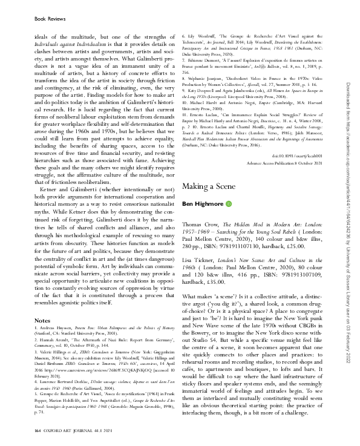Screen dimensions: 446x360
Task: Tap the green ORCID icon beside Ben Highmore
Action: coord(229,205)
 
